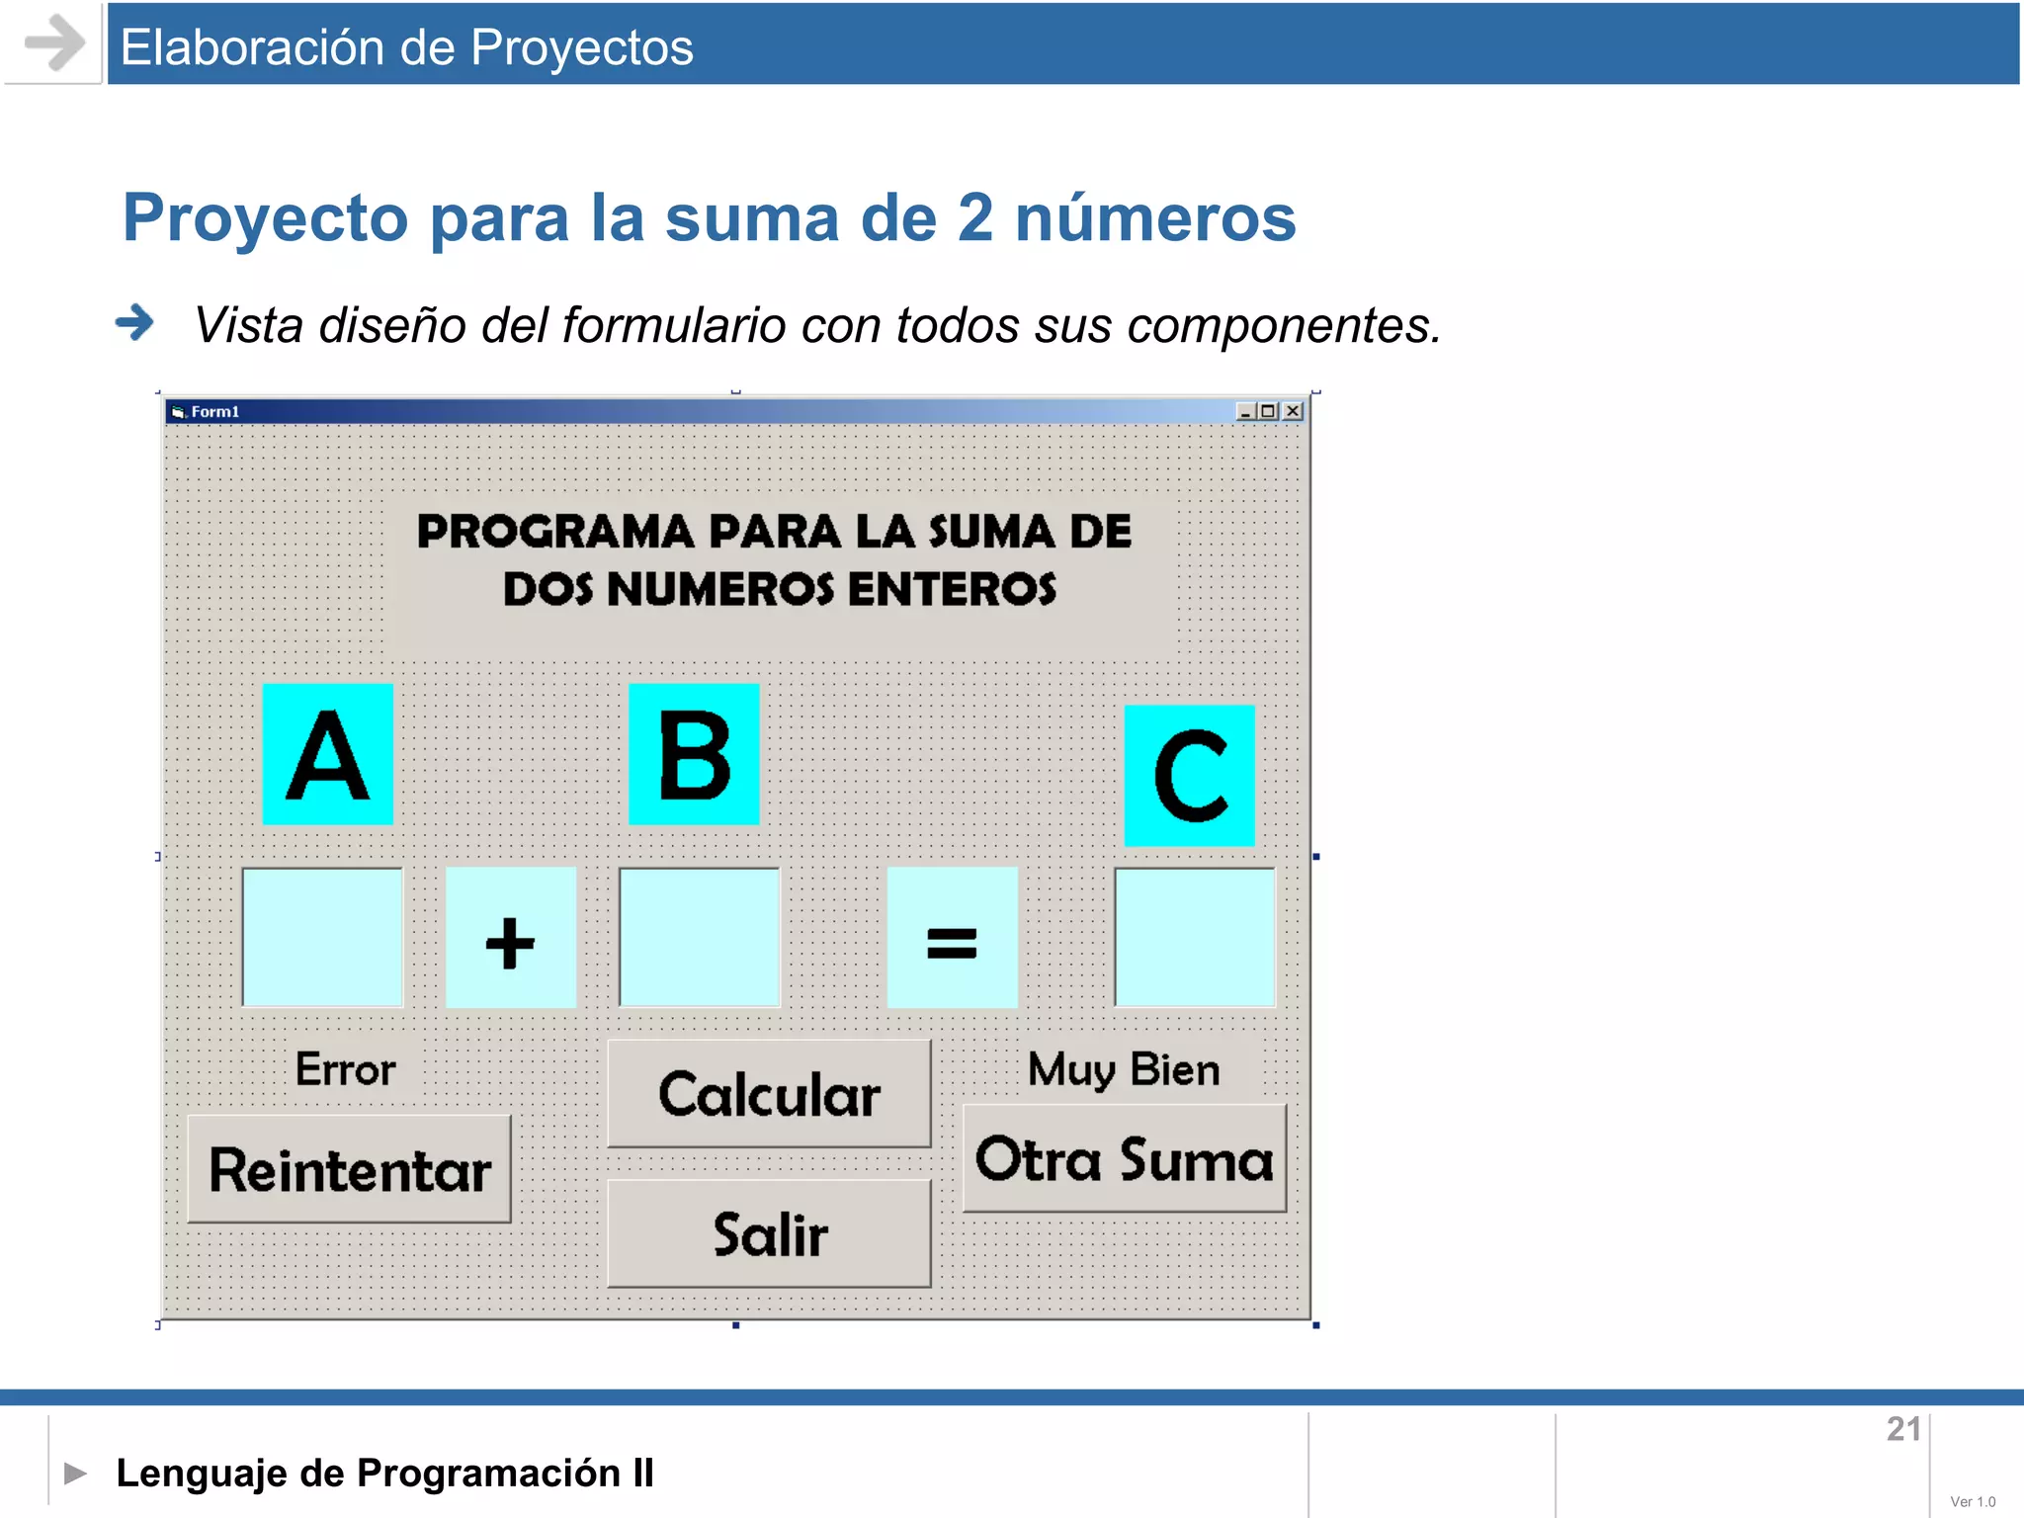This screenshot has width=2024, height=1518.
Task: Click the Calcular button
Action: click(x=769, y=1093)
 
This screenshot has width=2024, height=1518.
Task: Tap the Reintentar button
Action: click(x=349, y=1169)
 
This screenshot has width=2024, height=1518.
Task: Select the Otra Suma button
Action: click(x=1124, y=1158)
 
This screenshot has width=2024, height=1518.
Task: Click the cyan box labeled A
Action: click(x=327, y=754)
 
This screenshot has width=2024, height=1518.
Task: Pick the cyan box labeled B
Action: click(x=694, y=754)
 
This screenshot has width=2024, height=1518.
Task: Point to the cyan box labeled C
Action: click(x=1189, y=776)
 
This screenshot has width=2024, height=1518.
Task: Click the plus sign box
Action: click(x=510, y=938)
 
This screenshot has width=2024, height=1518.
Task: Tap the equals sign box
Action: click(x=952, y=938)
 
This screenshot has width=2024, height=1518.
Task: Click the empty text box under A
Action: click(x=322, y=937)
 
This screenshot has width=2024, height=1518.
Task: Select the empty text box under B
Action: click(x=699, y=937)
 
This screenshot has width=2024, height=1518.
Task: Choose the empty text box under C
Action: click(x=1194, y=937)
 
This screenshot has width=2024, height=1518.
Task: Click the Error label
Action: click(x=345, y=1069)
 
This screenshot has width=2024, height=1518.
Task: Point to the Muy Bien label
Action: click(x=1124, y=1069)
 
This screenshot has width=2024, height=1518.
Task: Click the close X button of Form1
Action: click(x=1293, y=411)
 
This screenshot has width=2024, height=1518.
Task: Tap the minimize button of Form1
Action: click(x=1245, y=411)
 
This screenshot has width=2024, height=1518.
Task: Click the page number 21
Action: click(x=1903, y=1429)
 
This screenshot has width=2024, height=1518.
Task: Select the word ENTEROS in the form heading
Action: click(x=952, y=589)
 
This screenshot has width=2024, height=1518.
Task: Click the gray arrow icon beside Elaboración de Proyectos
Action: click(x=53, y=42)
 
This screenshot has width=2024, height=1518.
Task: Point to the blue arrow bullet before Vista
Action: click(x=134, y=322)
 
